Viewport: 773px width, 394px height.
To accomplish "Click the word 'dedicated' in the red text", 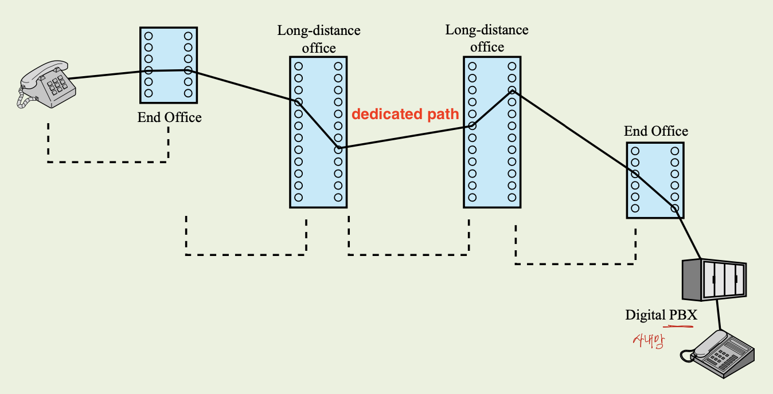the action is point(387,114).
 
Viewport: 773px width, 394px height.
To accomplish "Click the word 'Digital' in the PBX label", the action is point(645,316).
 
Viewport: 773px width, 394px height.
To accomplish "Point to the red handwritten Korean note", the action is point(649,341).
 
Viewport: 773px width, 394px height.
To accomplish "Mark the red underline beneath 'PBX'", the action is point(678,326).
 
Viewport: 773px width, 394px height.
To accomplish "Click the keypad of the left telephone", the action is point(57,85).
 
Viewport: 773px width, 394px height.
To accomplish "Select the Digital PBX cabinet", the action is point(715,280).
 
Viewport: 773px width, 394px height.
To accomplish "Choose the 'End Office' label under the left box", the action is point(169,117).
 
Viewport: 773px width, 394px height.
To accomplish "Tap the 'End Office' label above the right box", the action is point(656,131).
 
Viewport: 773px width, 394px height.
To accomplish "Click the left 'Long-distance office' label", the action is point(319,39).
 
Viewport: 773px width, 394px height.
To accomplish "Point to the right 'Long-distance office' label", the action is point(487,38).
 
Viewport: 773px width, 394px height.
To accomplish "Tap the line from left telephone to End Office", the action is point(104,75).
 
